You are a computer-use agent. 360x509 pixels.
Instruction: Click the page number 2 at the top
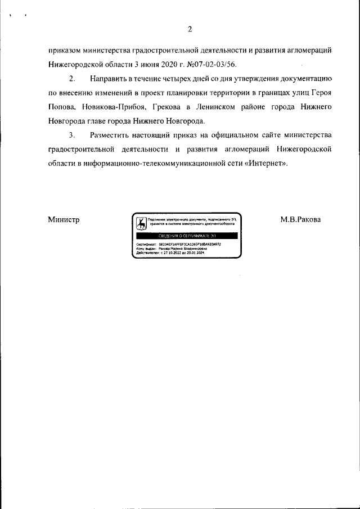[x=190, y=29]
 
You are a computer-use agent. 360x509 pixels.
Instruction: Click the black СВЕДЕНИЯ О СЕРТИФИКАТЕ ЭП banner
[x=187, y=235]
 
